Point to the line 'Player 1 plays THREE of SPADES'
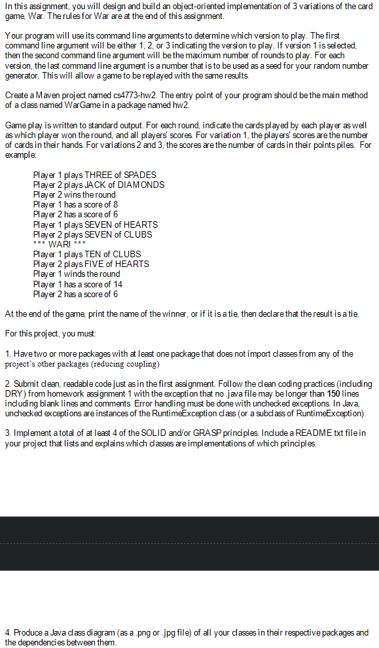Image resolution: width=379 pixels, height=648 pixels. (x=95, y=175)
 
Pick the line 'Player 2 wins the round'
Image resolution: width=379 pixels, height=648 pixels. (x=74, y=194)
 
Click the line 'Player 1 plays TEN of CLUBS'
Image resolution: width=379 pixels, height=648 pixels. (x=87, y=254)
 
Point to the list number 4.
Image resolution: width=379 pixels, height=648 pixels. (x=7, y=633)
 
